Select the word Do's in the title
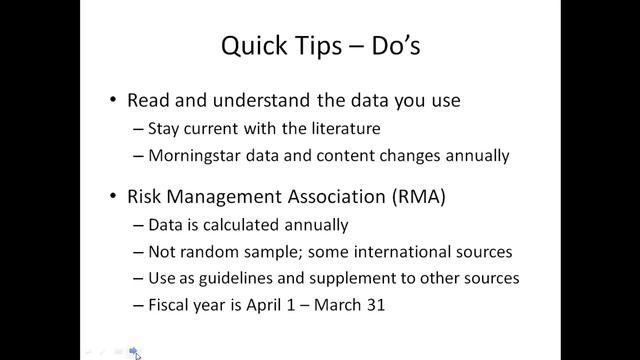pos(384,46)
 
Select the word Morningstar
pos(193,155)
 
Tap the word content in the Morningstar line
pos(329,155)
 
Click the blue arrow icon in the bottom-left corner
pos(134,351)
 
